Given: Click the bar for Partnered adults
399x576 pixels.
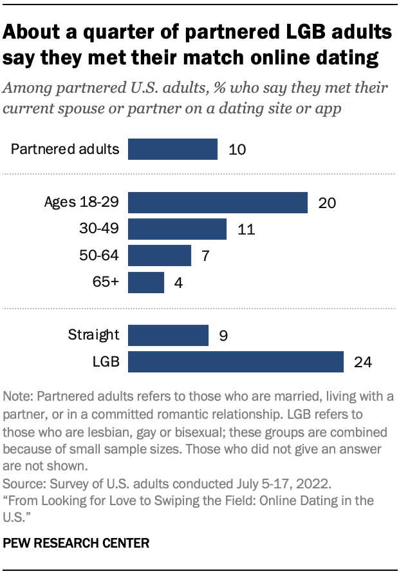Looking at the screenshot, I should pyautogui.click(x=172, y=149).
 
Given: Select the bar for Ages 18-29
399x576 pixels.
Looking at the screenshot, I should pyautogui.click(x=218, y=203).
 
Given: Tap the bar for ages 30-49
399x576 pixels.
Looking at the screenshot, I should pyautogui.click(x=177, y=229).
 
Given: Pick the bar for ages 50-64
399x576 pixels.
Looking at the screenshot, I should pyautogui.click(x=160, y=256).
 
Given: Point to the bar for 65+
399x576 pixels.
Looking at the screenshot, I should pyautogui.click(x=146, y=282).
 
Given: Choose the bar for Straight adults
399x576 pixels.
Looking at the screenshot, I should pyautogui.click(x=168, y=335).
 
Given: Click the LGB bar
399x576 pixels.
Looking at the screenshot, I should pyautogui.click(x=236, y=361).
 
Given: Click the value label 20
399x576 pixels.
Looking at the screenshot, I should pyautogui.click(x=327, y=203).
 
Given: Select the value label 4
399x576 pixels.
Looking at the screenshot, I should pyautogui.click(x=178, y=282).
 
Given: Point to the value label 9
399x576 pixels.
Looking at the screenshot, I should pyautogui.click(x=223, y=335).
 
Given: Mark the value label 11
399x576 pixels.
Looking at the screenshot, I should pyautogui.click(x=245, y=229).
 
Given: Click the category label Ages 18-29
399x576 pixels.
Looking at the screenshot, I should pyautogui.click(x=82, y=203).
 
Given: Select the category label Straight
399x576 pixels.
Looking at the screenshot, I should pyautogui.click(x=93, y=335).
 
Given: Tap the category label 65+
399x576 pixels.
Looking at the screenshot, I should pyautogui.click(x=106, y=282).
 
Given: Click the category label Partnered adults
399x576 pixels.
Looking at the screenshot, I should pyautogui.click(x=65, y=149).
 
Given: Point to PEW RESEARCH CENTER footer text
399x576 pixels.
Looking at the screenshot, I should pyautogui.click(x=77, y=543).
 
